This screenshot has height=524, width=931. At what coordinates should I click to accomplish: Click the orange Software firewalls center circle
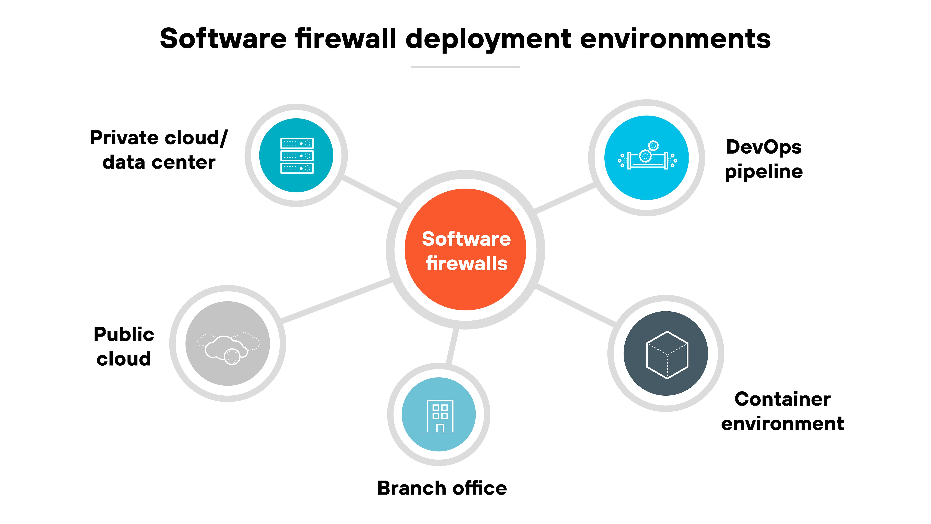coord(465,250)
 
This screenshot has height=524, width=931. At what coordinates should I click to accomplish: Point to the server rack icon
coord(297,155)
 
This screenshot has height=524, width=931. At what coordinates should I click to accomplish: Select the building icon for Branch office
coord(439,416)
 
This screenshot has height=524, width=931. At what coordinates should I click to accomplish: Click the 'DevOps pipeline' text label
coord(764,159)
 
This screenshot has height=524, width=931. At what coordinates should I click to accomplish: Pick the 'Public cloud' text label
coord(124,346)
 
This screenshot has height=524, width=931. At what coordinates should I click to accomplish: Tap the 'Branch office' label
coord(442,488)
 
